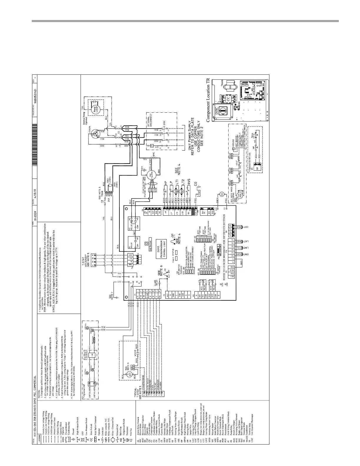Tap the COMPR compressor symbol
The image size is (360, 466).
pos(95,134)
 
